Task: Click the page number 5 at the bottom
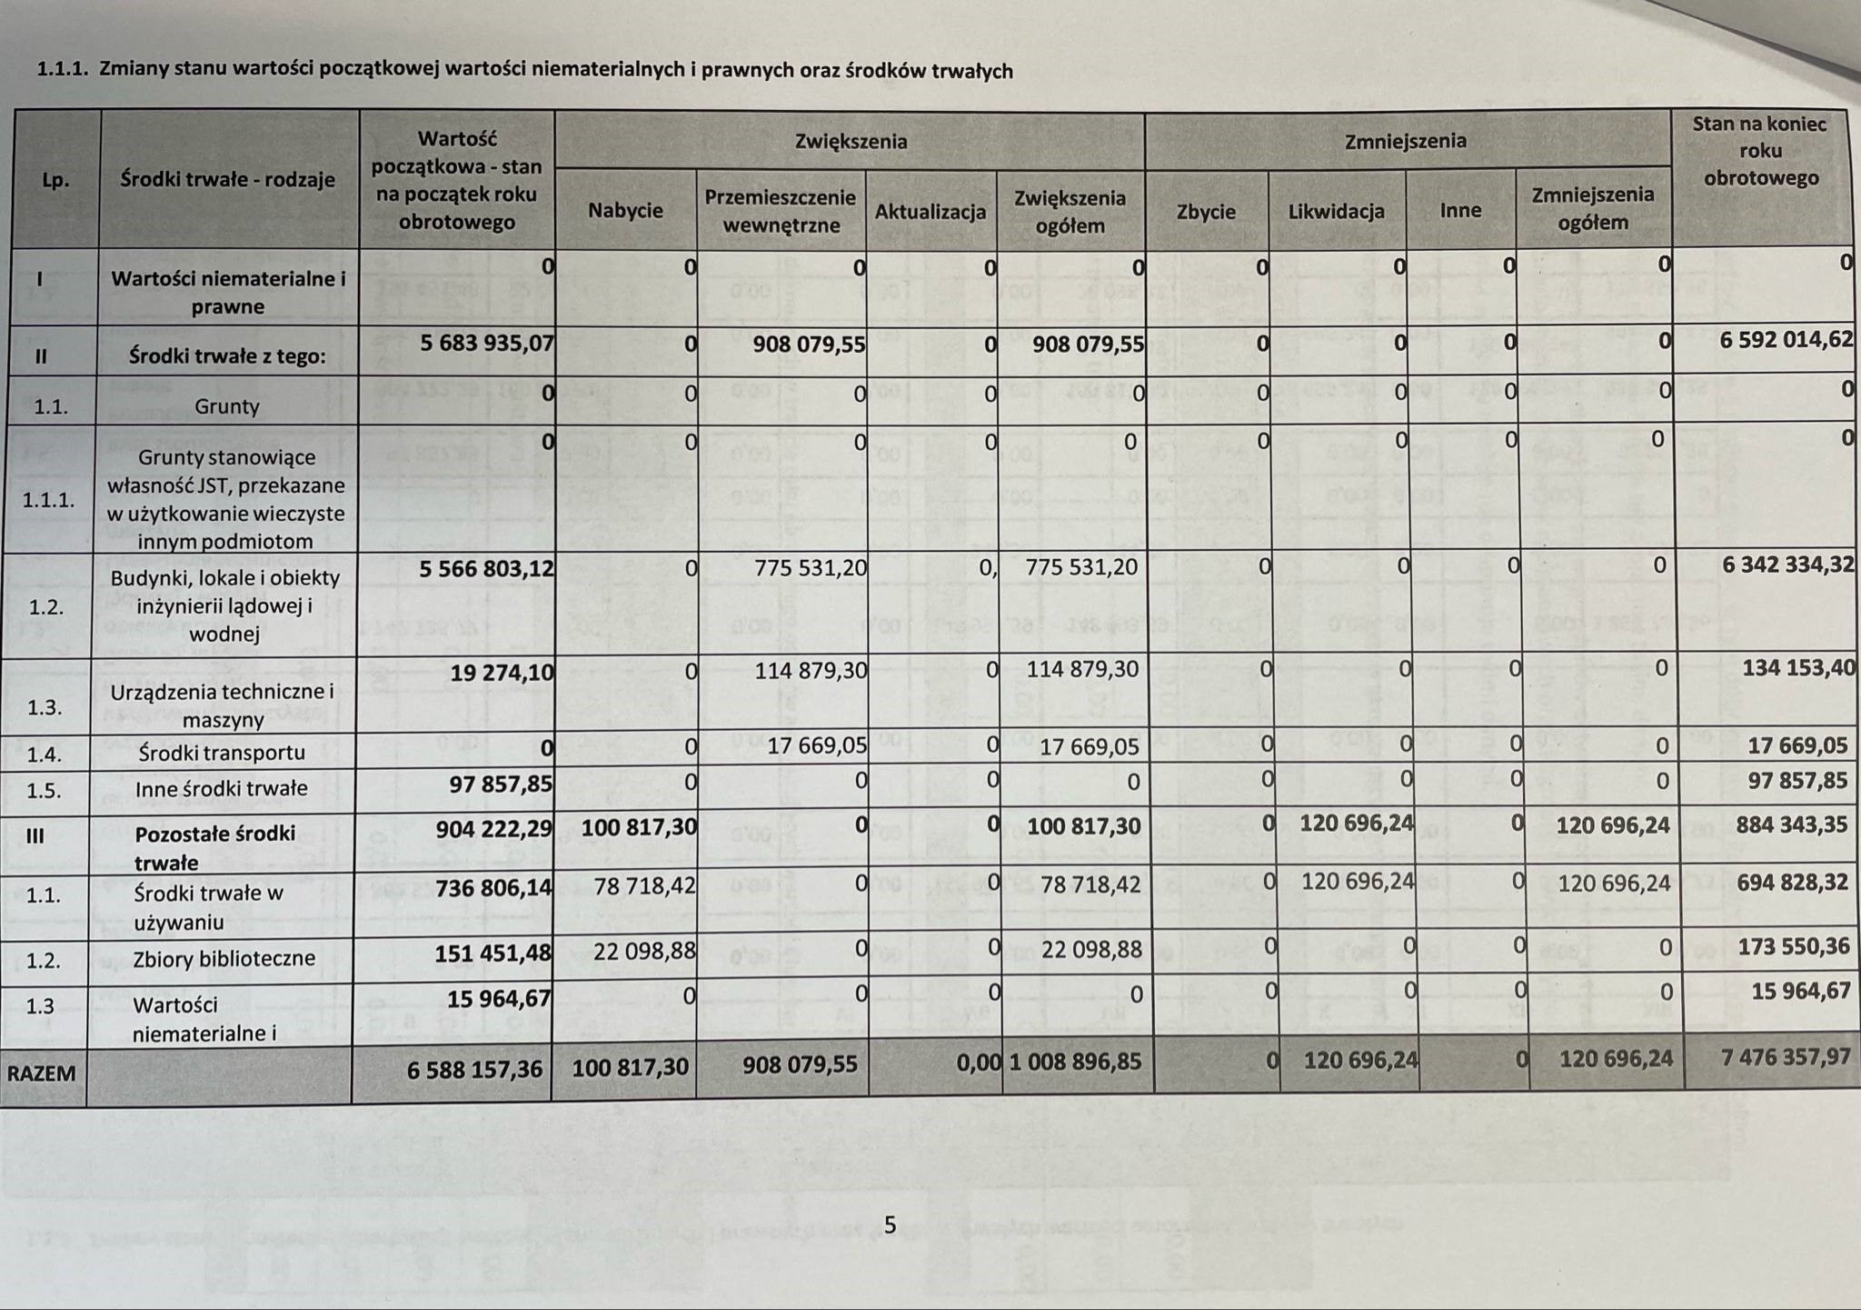click(890, 1225)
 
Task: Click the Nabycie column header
click(625, 210)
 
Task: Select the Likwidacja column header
click(1336, 211)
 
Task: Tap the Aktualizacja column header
click(930, 212)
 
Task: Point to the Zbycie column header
click(1206, 212)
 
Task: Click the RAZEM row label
click(41, 1073)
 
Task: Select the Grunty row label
click(227, 405)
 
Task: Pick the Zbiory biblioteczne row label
click(224, 958)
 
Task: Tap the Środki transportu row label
click(222, 753)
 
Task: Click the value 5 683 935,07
click(487, 344)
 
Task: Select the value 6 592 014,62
click(1786, 339)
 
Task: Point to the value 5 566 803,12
click(487, 568)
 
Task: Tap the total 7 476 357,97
click(1786, 1057)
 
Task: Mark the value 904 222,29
click(493, 827)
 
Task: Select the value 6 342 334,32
click(1787, 564)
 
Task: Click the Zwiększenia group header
click(851, 141)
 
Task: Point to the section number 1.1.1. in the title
click(62, 69)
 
